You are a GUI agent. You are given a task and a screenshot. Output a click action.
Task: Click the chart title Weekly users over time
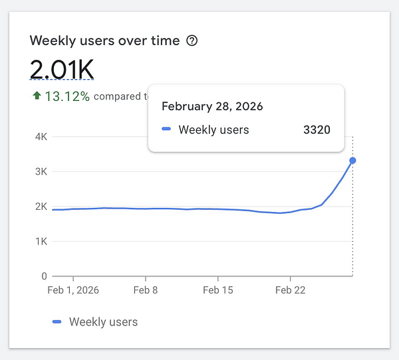(x=104, y=41)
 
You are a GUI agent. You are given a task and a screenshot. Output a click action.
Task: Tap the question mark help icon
(x=192, y=41)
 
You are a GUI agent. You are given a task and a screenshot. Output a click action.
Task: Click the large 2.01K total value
(x=62, y=69)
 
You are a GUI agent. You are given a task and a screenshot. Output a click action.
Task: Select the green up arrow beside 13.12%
(x=37, y=96)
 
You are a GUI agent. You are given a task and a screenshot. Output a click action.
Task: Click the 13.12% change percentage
(x=67, y=96)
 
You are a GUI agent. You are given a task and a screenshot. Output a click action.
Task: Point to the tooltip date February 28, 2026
(x=212, y=106)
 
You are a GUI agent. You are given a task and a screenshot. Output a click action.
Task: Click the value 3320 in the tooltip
(x=317, y=130)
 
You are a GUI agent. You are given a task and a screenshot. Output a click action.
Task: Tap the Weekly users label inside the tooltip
(x=213, y=130)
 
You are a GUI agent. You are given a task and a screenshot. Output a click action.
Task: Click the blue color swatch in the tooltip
(x=167, y=130)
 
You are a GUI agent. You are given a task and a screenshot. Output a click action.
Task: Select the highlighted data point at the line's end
(x=352, y=160)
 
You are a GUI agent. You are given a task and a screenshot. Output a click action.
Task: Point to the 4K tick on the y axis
(x=40, y=137)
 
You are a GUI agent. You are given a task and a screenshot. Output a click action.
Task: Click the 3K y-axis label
(x=40, y=171)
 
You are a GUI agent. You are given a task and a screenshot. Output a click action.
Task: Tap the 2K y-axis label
(x=40, y=207)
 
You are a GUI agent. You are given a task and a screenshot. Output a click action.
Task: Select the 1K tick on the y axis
(x=40, y=241)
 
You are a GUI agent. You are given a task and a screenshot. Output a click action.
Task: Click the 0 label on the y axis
(x=44, y=276)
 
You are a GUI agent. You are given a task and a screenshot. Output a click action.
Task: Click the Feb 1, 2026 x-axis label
(x=73, y=290)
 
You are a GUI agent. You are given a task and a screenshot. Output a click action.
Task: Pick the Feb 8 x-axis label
(x=145, y=290)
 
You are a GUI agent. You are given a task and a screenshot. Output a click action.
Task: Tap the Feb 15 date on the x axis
(x=218, y=290)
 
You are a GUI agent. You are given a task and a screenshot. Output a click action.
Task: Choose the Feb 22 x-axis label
(x=290, y=290)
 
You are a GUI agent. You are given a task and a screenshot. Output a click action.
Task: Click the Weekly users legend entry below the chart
(x=95, y=321)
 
